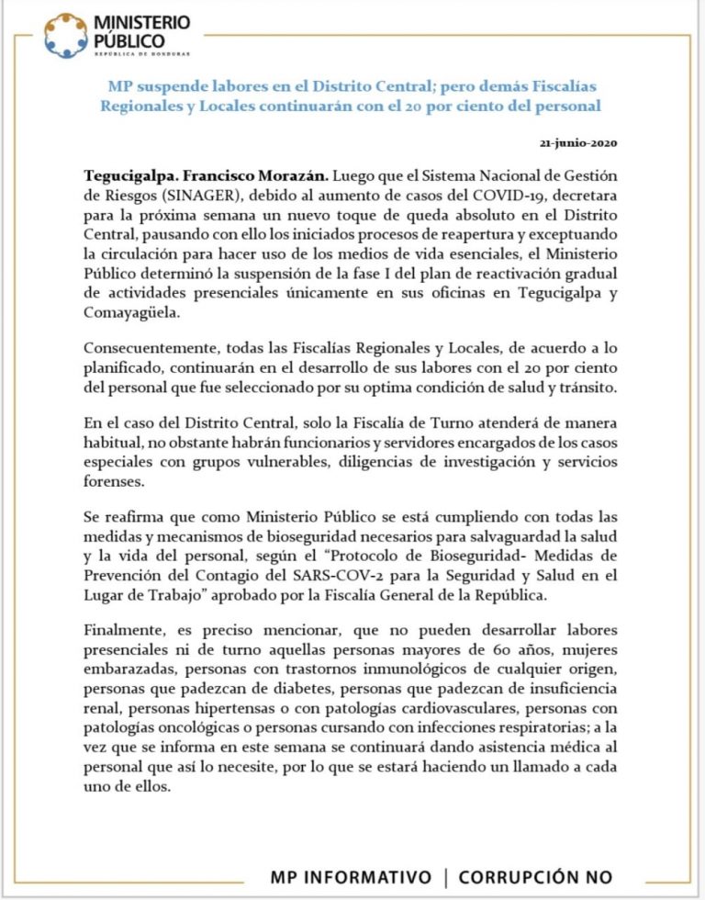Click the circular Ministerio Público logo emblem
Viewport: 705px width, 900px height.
click(66, 36)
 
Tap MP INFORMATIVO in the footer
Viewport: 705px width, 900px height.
click(350, 877)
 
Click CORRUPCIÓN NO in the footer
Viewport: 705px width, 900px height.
click(535, 877)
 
